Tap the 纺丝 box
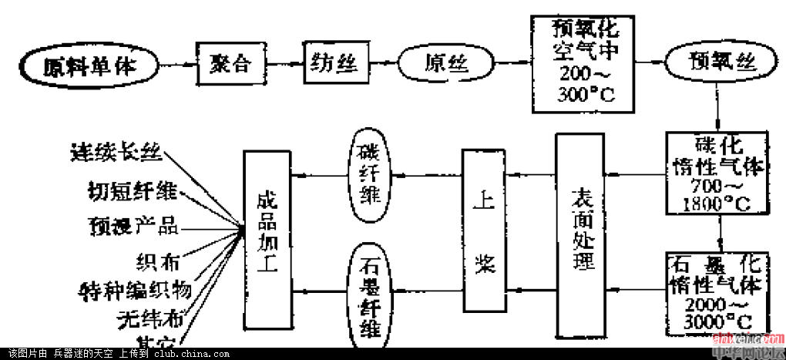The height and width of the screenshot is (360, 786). pos(332,61)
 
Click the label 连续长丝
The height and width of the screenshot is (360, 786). pos(116,153)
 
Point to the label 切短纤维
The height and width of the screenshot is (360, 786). pos(132,190)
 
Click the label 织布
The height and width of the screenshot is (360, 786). pos(157,261)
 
